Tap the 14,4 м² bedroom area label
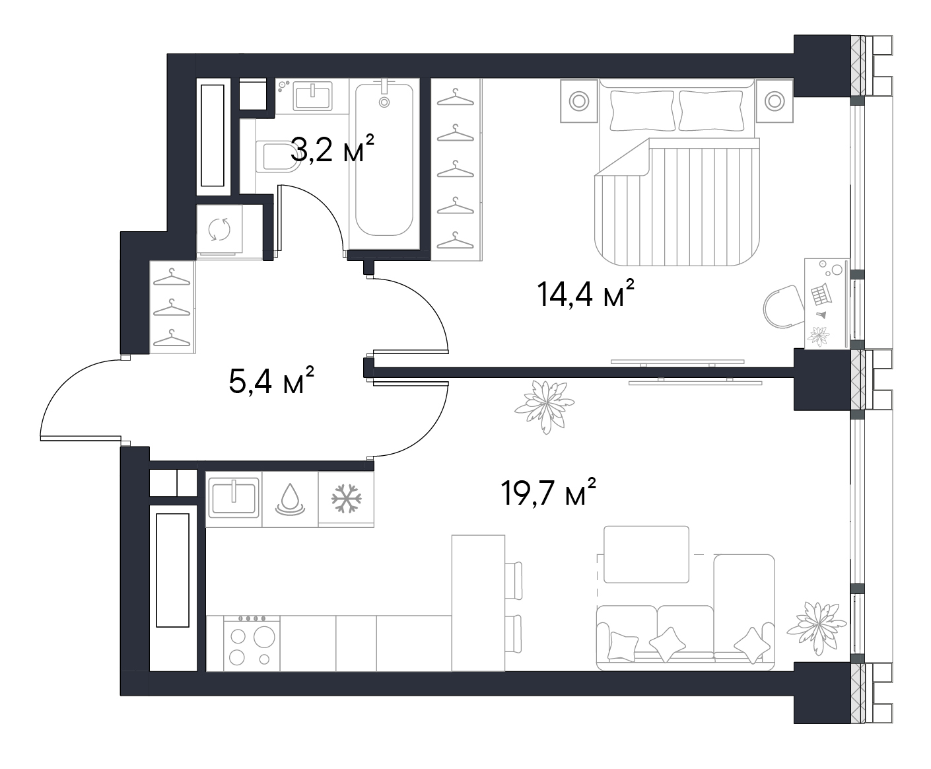[586, 293]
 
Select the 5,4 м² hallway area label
[271, 381]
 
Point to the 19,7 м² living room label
[548, 492]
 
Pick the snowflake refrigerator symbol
[347, 498]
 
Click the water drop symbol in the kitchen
[291, 499]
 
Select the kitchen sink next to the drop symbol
[234, 497]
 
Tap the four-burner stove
[252, 643]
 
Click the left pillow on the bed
[642, 111]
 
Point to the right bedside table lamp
[775, 101]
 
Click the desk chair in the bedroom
[784, 307]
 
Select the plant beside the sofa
[816, 628]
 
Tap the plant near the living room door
[545, 406]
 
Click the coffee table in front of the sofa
[646, 554]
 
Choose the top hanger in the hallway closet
[172, 277]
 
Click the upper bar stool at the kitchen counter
[513, 581]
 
